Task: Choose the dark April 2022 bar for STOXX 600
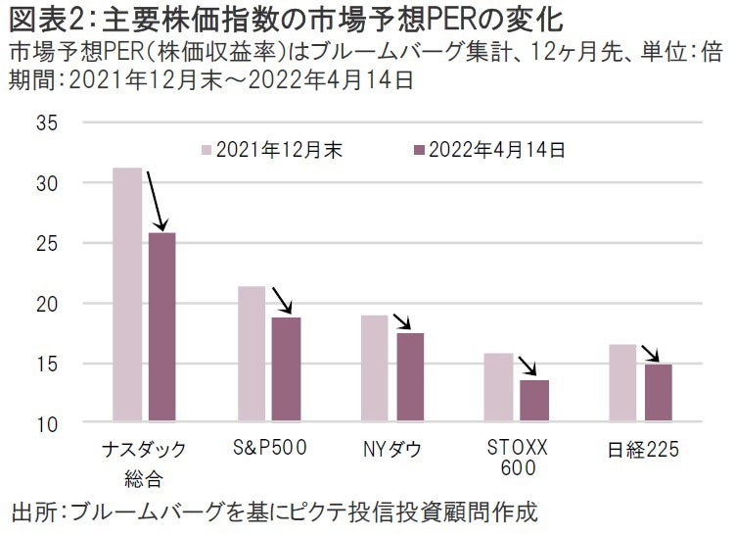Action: point(534,402)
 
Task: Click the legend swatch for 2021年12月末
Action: point(207,150)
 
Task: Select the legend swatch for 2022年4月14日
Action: point(420,150)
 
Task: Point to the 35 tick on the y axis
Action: point(48,123)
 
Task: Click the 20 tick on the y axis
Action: point(48,304)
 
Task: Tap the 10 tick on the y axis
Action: point(48,424)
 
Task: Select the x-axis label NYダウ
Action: point(391,450)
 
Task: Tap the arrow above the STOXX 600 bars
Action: point(528,366)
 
